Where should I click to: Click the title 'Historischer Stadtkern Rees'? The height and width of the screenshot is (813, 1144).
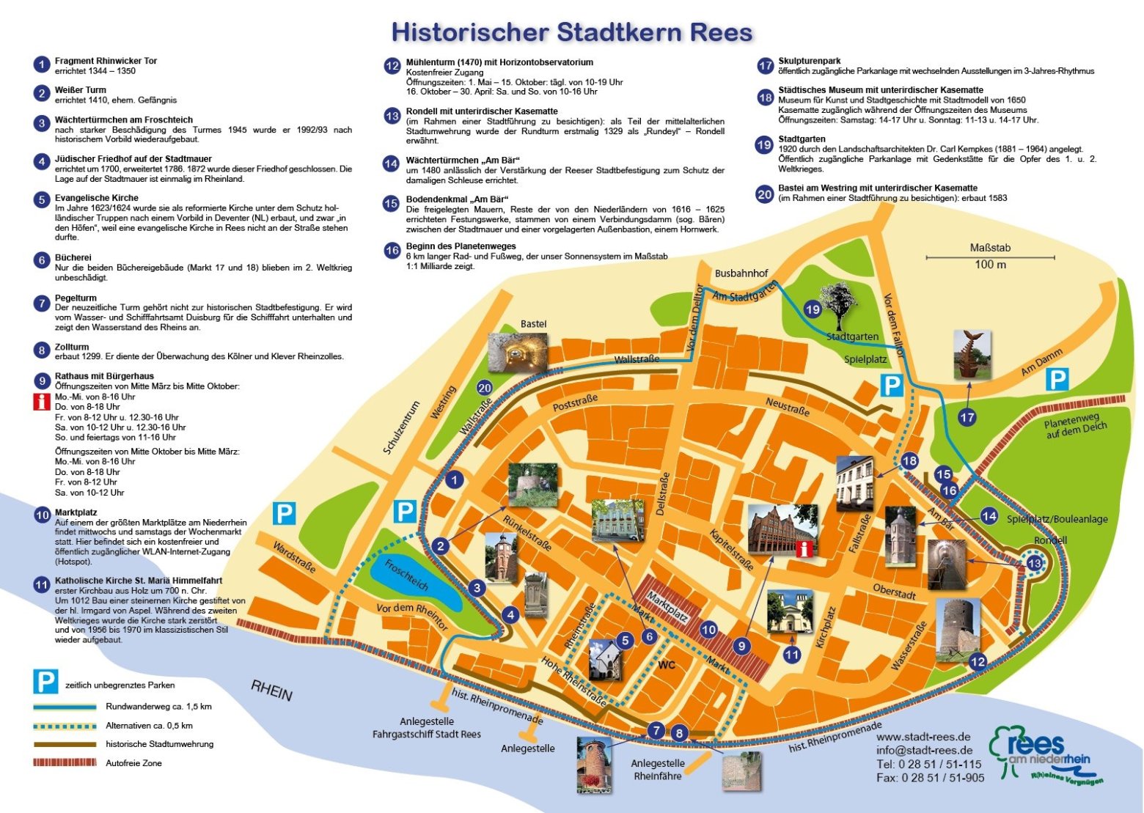point(572,32)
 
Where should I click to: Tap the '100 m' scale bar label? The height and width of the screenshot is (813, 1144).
point(990,265)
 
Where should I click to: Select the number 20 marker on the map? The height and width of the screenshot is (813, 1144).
point(484,389)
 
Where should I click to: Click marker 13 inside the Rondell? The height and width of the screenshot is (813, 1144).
point(1034,564)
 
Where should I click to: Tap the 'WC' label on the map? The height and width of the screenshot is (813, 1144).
point(666,665)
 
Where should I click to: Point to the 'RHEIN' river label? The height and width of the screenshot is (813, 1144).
point(271,690)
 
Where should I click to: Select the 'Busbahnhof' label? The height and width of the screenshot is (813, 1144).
point(741,273)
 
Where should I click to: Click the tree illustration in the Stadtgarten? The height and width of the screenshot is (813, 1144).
point(840,304)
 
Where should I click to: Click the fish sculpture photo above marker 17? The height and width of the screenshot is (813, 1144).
point(972,354)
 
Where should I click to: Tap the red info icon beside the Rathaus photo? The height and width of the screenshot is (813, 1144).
point(804,549)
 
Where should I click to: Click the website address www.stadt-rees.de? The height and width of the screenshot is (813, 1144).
point(923,737)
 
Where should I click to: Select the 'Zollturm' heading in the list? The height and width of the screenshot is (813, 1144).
point(72,347)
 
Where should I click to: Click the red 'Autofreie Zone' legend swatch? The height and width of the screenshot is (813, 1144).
point(65,762)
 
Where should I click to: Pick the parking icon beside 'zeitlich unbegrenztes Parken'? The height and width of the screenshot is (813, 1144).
point(45,682)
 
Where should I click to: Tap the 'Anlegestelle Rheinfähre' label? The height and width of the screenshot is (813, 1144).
point(658,769)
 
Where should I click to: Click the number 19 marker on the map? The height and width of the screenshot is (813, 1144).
point(813,309)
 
